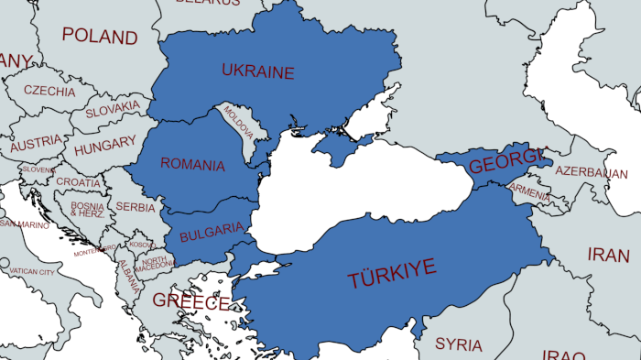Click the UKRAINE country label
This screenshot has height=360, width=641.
(x=257, y=71)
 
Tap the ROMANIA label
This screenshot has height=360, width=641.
(x=192, y=165)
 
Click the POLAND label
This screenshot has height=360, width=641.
(x=100, y=37)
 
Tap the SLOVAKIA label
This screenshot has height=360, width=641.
(x=113, y=110)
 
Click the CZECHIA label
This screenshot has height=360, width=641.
(x=49, y=92)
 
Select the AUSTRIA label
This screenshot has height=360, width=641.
(x=37, y=145)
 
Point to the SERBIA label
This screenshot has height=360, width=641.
(x=136, y=207)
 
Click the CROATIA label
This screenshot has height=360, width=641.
(x=78, y=182)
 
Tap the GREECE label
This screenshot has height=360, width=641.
(x=190, y=300)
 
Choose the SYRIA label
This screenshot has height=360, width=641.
(x=459, y=344)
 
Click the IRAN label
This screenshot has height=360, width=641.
(x=608, y=255)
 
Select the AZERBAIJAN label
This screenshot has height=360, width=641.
(x=592, y=172)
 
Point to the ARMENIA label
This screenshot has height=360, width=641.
(x=530, y=192)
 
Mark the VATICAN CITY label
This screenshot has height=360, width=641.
(x=32, y=272)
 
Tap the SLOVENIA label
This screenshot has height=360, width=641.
(x=38, y=169)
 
